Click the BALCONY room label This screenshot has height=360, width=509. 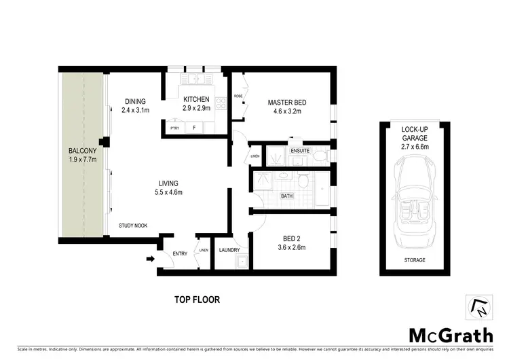(83, 151)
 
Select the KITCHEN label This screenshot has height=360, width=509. (195, 100)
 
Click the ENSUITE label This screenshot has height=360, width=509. (299, 150)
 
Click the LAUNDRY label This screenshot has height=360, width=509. (231, 249)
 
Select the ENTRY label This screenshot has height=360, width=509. (180, 253)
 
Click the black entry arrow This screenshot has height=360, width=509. (150, 258)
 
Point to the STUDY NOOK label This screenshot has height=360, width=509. (132, 226)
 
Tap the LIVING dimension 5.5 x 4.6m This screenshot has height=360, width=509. (168, 192)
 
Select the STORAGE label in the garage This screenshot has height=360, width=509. (414, 260)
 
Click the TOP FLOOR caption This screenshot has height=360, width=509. (197, 299)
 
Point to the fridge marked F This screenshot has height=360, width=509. (195, 127)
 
